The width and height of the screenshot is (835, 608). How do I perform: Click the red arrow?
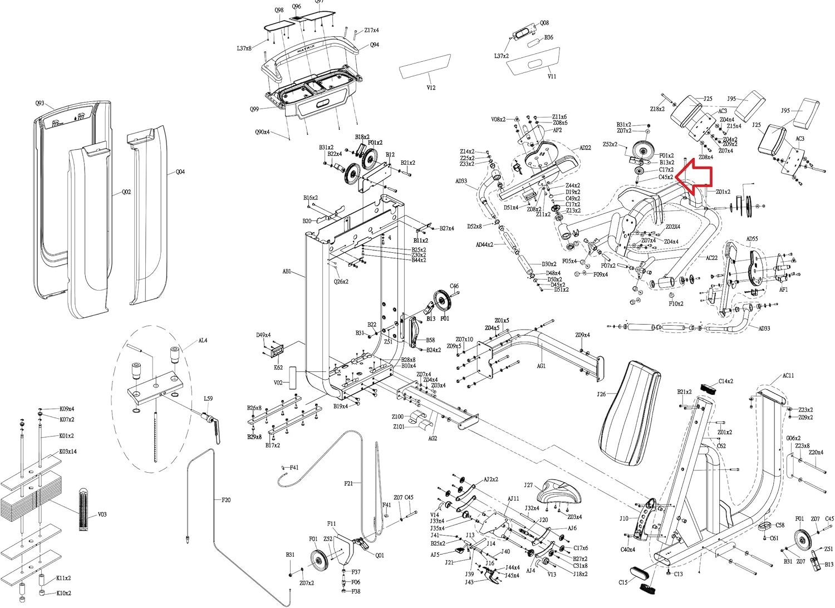[x=696, y=177]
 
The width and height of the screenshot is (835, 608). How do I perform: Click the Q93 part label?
[x=40, y=104]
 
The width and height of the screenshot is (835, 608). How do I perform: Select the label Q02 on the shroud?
[x=126, y=192]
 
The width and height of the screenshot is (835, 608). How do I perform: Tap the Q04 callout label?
[x=180, y=172]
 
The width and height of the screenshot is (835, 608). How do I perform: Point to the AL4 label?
[x=203, y=340]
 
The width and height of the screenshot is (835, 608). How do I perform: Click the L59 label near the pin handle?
[x=208, y=399]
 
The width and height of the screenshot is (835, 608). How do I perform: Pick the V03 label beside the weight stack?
[x=102, y=514]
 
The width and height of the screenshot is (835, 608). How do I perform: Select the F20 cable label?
[x=225, y=500]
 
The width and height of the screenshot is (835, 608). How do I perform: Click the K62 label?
[x=278, y=367]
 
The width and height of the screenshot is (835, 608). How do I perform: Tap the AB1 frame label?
[x=287, y=272]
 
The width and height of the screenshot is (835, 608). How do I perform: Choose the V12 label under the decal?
[x=431, y=87]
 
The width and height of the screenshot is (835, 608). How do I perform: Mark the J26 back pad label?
[x=601, y=394]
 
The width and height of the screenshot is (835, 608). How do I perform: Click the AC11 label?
[x=788, y=376]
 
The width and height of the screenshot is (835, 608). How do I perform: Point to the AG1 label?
[x=541, y=366]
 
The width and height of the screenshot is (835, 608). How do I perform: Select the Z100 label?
[x=397, y=416]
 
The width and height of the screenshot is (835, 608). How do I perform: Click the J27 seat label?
[x=528, y=485]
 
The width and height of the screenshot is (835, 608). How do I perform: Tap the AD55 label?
[x=752, y=239]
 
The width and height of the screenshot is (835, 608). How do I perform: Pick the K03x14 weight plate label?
[x=68, y=452]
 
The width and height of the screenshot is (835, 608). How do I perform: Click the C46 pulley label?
[x=454, y=286]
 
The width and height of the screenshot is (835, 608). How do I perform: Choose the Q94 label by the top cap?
[x=375, y=45]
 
